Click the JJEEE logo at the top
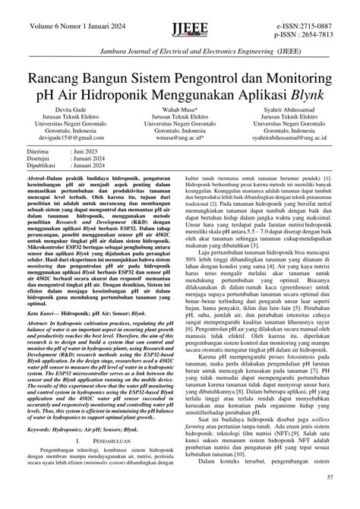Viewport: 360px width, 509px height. [x=179, y=14]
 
